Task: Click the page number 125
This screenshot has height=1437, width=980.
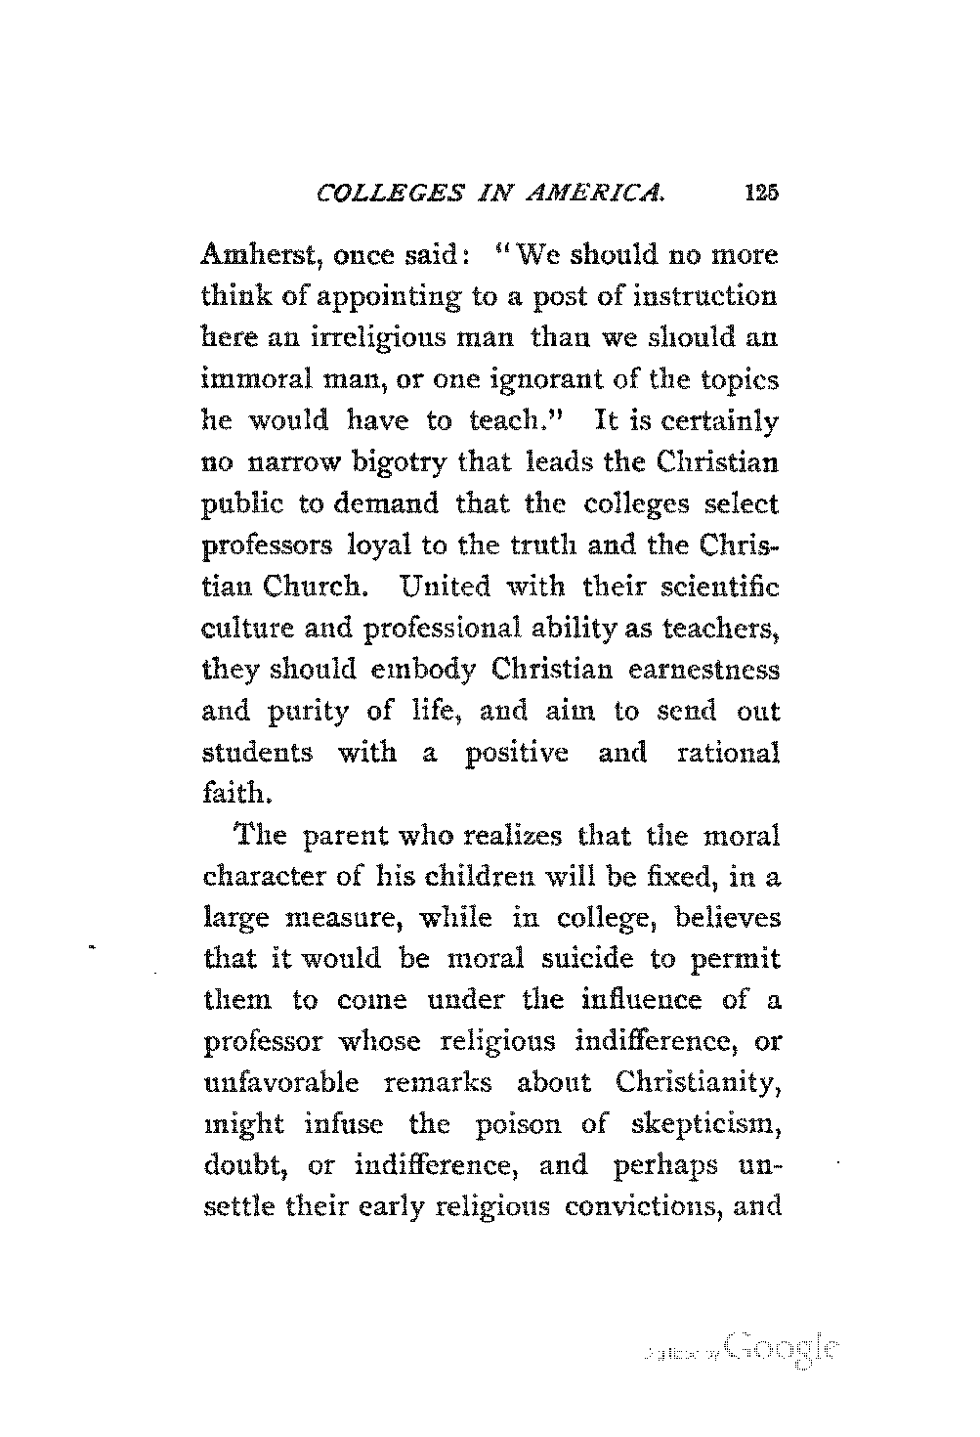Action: [759, 193]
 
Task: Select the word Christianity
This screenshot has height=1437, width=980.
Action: [699, 1084]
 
